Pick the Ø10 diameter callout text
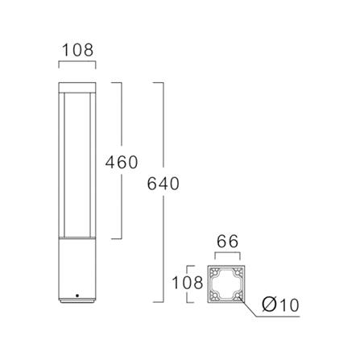pyautogui.click(x=282, y=305)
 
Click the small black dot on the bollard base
pyautogui.click(x=77, y=296)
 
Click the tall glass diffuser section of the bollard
pyautogui.click(x=78, y=161)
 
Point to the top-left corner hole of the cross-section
pyautogui.click(x=214, y=274)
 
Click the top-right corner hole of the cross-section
pyautogui.click(x=238, y=274)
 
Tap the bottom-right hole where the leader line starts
pyautogui.click(x=238, y=296)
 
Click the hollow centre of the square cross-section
pyautogui.click(x=226, y=285)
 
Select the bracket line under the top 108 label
pyautogui.click(x=78, y=62)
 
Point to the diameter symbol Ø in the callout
pyautogui.click(x=268, y=305)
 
